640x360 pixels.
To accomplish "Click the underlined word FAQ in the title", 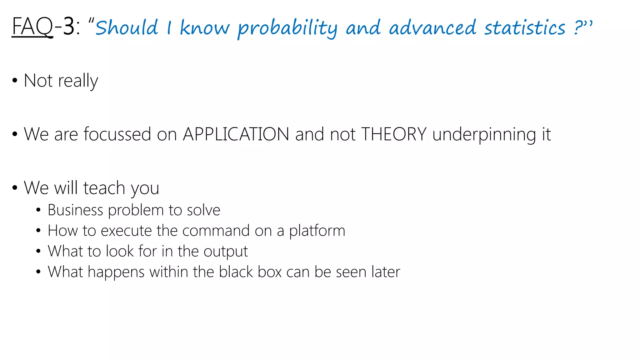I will tap(32, 27).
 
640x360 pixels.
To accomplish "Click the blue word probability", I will tap(287, 28).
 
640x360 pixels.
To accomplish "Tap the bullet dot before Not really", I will tap(15, 81).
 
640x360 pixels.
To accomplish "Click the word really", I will tap(78, 81).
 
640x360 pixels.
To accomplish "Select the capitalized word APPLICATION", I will tap(236, 134).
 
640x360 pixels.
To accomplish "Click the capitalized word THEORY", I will tap(394, 134).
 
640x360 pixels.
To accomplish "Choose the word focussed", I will tap(117, 134).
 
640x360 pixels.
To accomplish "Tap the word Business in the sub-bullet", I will tap(75, 210).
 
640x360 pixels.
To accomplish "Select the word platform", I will tap(317, 231).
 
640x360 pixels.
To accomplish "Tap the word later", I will tap(386, 272).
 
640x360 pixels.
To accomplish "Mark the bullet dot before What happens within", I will tap(38, 272).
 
